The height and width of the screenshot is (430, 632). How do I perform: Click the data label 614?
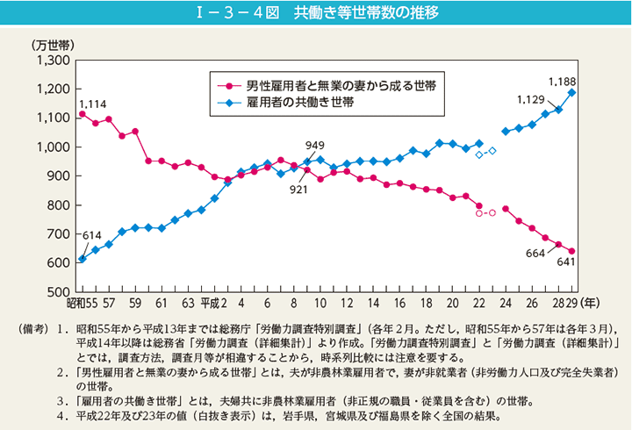tap(93, 237)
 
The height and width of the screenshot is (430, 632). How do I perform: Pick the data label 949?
tap(315, 146)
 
